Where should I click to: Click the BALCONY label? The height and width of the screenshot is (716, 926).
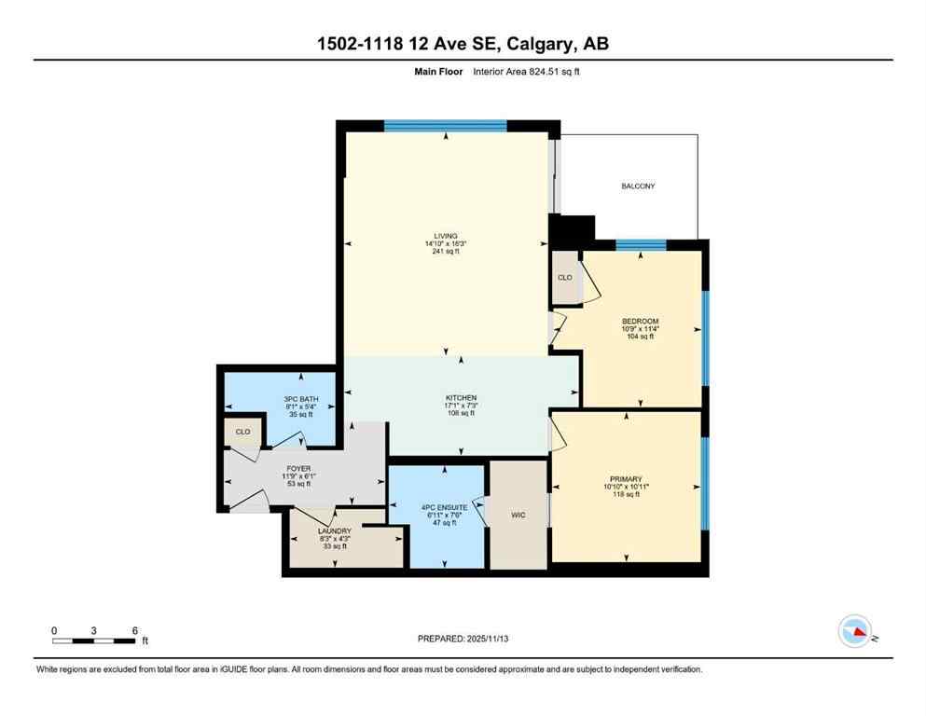click(x=638, y=186)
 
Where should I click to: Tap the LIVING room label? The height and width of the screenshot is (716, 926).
click(x=445, y=236)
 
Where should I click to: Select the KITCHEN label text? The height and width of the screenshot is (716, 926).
click(x=461, y=397)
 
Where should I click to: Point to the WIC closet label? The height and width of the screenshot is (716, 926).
click(x=518, y=515)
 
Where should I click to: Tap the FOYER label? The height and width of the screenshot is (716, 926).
click(x=298, y=468)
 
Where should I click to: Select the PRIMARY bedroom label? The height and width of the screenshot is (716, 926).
click(x=626, y=478)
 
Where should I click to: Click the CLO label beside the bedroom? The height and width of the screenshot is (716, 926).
click(x=564, y=277)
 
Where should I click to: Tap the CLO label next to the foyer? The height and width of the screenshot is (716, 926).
click(x=242, y=432)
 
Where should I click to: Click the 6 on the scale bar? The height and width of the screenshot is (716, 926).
click(x=135, y=630)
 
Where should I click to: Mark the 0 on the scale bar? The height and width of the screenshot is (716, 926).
click(x=54, y=630)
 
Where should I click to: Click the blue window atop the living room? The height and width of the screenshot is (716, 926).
click(x=445, y=126)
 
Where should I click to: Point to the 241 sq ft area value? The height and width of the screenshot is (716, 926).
click(x=445, y=252)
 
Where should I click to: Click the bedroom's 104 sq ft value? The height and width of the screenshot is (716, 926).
click(x=641, y=337)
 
